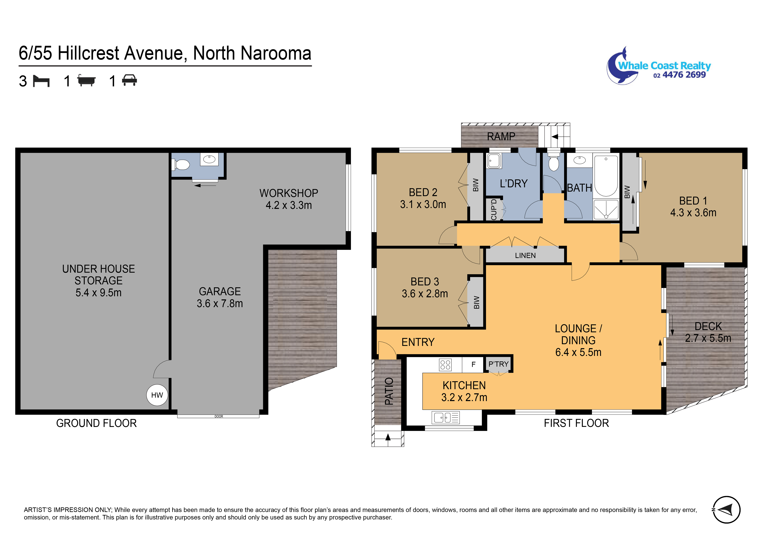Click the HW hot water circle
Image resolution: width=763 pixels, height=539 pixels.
(157, 395)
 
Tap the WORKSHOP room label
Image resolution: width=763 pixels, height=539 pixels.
(289, 193)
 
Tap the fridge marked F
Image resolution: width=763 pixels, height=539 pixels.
(474, 364)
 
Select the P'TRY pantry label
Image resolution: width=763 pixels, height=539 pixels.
(499, 364)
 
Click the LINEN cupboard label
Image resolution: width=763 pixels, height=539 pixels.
(525, 256)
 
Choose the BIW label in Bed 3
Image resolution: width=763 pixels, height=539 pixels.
(477, 302)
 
